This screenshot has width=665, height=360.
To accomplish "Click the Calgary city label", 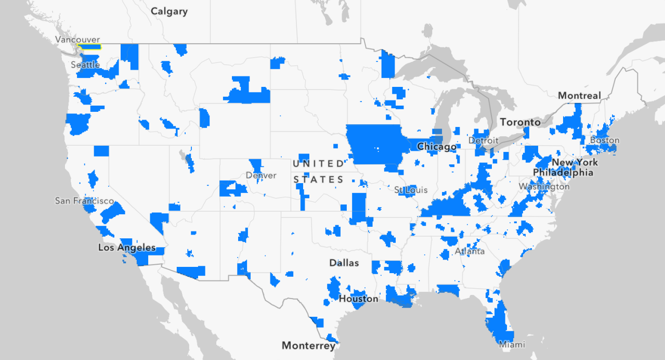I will (169, 11).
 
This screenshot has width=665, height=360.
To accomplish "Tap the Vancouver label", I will (77, 40).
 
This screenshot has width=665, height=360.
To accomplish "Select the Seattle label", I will (85, 65).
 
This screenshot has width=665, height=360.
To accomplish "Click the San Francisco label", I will (85, 200).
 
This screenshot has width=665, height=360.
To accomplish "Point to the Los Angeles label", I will (127, 247).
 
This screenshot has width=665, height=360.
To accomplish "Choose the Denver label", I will (261, 175).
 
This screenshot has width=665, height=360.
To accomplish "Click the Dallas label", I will (344, 263).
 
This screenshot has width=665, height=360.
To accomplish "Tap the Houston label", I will (359, 299).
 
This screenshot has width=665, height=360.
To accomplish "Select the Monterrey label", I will (308, 345).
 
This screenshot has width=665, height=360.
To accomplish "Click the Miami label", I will (512, 344).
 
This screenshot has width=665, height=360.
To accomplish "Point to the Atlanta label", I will (470, 251).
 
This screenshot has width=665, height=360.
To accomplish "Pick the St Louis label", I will (411, 190).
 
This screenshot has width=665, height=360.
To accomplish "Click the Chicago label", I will (436, 147).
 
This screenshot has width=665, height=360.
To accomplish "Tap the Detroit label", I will (483, 140).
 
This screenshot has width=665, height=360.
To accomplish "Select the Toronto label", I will (520, 122).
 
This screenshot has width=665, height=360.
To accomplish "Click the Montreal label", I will (579, 96).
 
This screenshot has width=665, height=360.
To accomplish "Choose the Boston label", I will (605, 140).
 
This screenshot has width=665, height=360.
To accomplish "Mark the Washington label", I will (544, 186).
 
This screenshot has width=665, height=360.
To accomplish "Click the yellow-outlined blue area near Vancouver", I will (89, 46).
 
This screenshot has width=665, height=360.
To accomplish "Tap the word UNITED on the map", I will (318, 164).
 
